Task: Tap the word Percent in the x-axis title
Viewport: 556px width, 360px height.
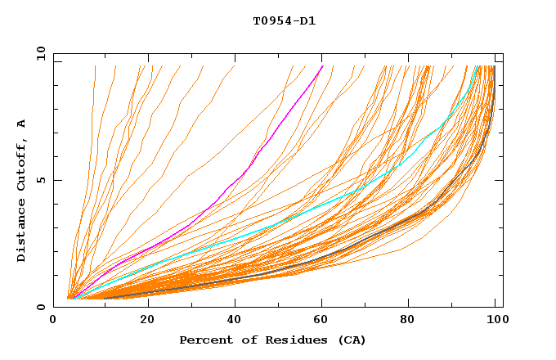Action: tap(202, 340)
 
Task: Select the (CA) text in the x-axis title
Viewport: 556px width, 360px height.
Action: tap(351, 340)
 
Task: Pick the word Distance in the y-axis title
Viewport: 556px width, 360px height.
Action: tap(22, 232)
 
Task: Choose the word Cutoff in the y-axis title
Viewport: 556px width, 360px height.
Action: tap(22, 166)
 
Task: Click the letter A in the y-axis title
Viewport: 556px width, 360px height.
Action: tap(22, 124)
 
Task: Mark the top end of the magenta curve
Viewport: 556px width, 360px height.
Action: tap(323, 65)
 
